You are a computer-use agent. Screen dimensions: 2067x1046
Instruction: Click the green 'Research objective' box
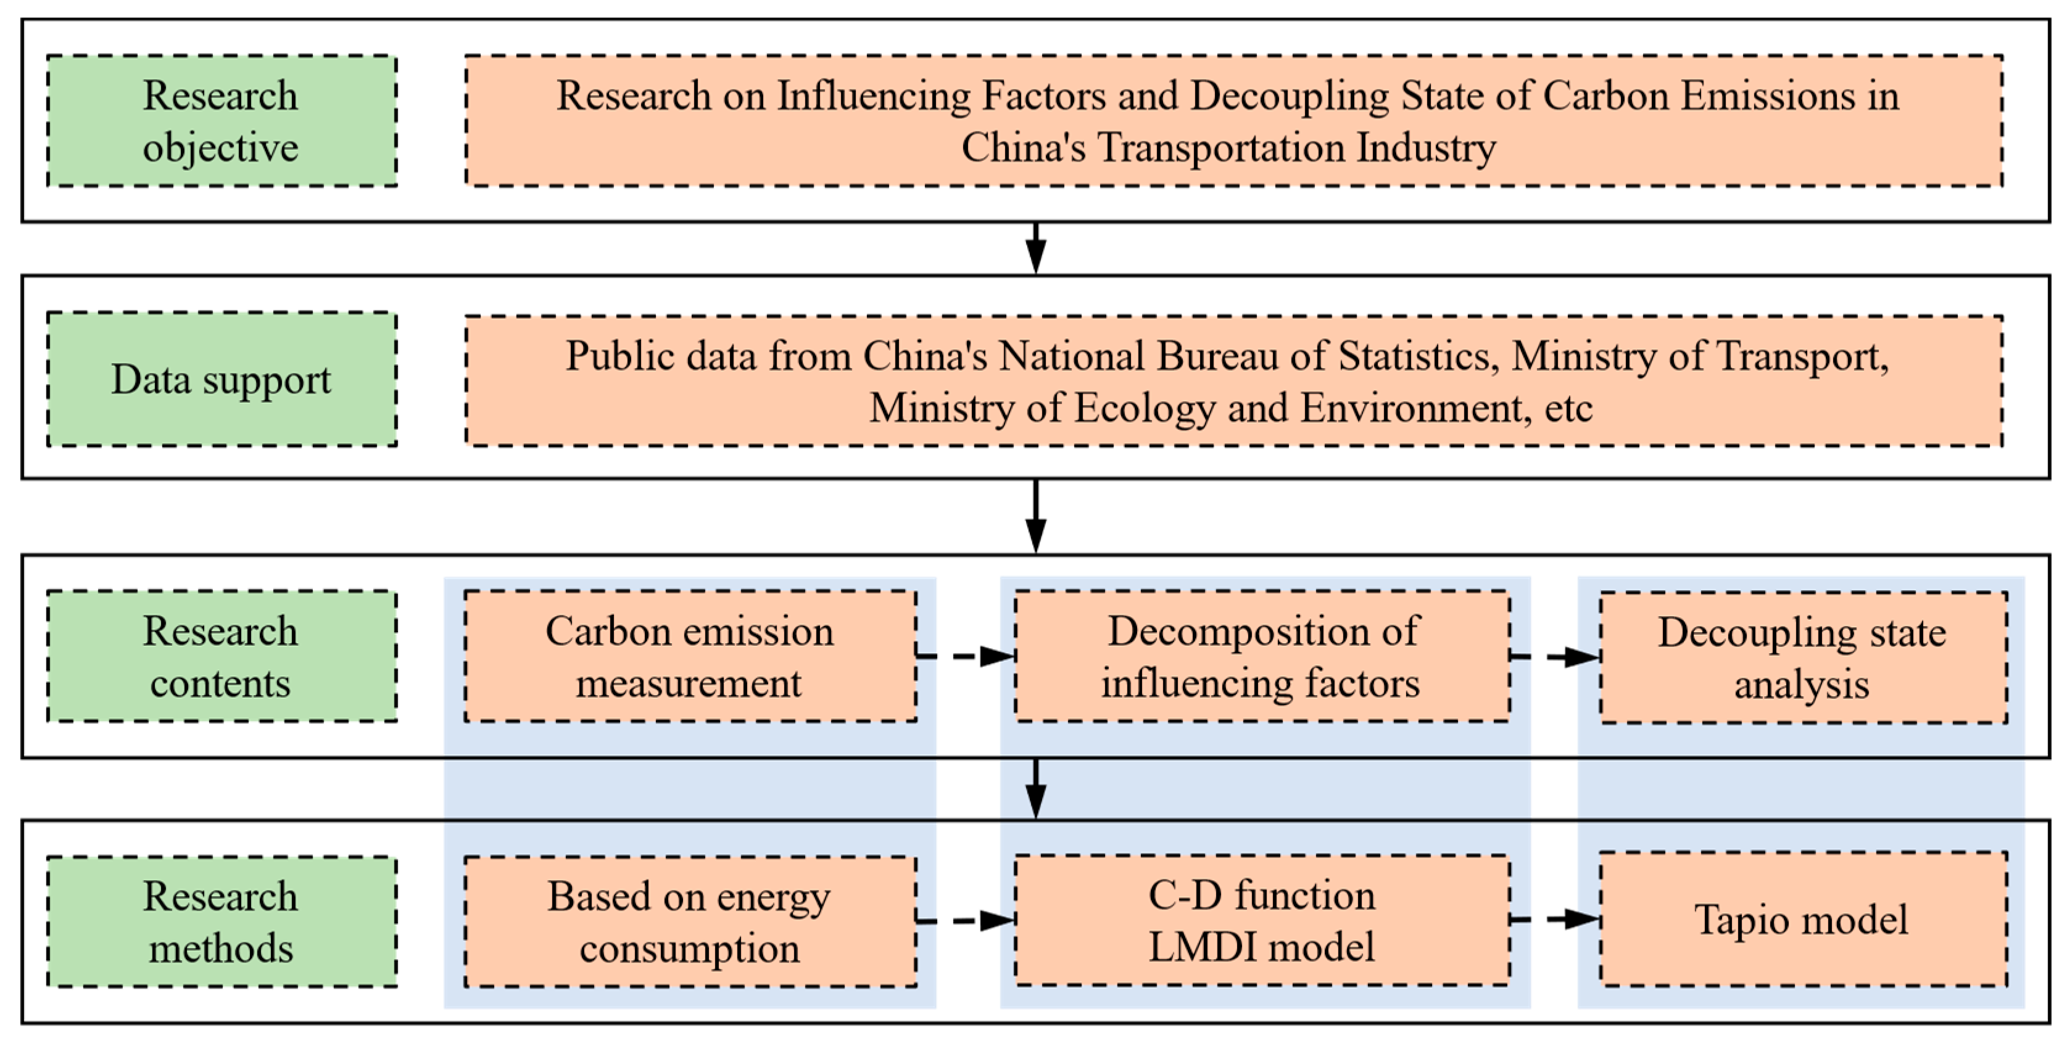(x=222, y=121)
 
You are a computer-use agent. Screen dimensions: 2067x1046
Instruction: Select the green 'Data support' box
(x=222, y=379)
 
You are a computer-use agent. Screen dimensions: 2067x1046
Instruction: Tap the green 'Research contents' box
(x=222, y=657)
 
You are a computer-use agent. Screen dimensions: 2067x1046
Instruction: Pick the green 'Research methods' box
(x=222, y=921)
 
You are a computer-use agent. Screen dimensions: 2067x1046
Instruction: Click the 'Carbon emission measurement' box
(x=690, y=657)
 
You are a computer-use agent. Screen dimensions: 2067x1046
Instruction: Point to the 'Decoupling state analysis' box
(x=1802, y=658)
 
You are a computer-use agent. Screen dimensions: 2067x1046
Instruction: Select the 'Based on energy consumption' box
(x=690, y=921)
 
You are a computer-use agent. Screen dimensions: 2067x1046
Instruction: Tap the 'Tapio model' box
(x=1802, y=920)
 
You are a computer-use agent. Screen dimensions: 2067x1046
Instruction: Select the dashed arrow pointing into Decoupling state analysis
(x=1555, y=657)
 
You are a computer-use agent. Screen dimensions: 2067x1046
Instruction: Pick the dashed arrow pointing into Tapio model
(x=1555, y=920)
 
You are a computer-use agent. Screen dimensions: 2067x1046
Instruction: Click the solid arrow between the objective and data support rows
(x=1036, y=249)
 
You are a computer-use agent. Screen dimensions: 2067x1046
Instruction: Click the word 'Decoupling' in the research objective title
(x=1289, y=97)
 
